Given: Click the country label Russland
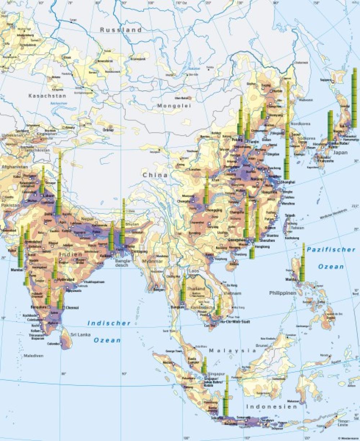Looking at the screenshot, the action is tap(121, 30).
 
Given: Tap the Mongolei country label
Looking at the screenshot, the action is tap(174, 106).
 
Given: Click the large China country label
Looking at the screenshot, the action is tap(155, 175).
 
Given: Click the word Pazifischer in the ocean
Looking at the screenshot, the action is tap(331, 249).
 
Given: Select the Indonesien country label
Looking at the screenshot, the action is tap(272, 406).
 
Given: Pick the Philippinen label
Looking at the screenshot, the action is tap(283, 293).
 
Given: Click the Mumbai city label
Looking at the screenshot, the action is tap(17, 269).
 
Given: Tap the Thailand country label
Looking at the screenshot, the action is tap(196, 289).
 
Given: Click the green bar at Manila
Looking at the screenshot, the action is tap(302, 263).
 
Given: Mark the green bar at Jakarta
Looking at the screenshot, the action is tap(226, 396).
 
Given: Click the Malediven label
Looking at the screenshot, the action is tap(33, 356).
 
